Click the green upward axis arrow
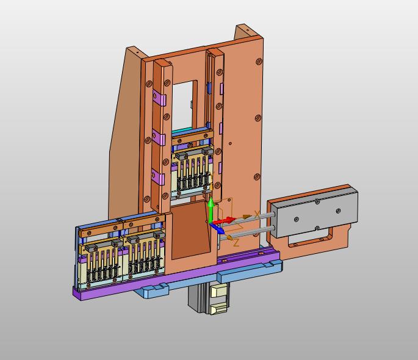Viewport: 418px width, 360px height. coord(211,210)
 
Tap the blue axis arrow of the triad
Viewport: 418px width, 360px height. coord(217,228)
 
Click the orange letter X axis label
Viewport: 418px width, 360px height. coord(257,214)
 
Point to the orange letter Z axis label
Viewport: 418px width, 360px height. coord(236,243)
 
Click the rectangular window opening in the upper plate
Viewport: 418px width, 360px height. coord(183,105)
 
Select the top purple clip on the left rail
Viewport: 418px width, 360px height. coord(159,98)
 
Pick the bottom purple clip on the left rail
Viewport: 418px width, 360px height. coord(158,176)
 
